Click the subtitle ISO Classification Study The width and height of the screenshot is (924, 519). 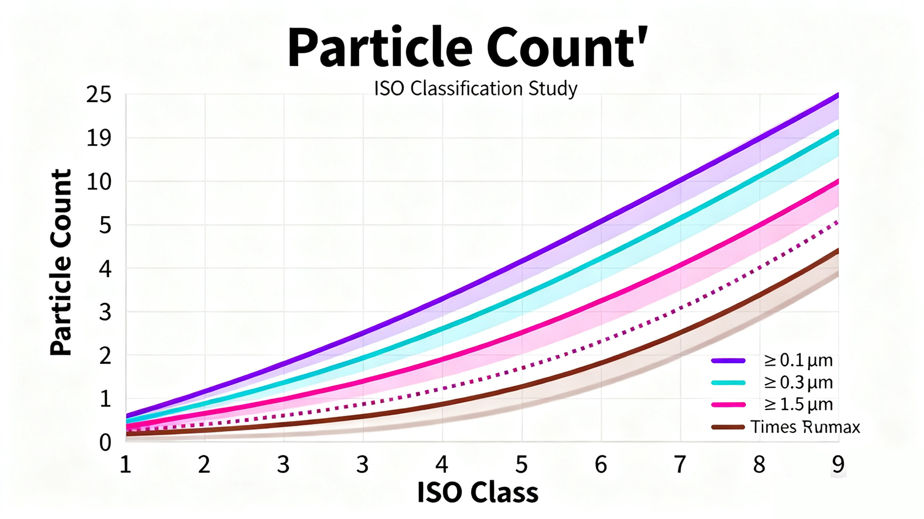476,89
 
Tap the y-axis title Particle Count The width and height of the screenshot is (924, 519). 61,263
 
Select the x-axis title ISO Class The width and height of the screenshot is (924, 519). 477,493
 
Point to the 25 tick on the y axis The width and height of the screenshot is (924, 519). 99,95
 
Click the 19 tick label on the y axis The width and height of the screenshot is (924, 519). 99,139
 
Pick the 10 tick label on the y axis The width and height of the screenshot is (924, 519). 99,182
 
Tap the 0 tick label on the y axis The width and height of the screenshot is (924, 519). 105,442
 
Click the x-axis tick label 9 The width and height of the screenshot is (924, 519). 838,464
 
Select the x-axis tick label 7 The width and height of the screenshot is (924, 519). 679,464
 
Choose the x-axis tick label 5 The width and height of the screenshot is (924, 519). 521,464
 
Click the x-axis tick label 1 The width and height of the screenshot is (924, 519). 126,464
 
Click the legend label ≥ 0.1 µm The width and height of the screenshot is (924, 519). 798,360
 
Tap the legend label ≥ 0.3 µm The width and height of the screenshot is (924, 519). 798,382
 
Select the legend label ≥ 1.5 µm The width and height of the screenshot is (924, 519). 798,404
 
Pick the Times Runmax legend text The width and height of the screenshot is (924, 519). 805,427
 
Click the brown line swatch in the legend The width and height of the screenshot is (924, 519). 728,427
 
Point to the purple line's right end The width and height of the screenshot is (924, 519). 837,95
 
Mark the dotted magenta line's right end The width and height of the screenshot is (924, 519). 836,222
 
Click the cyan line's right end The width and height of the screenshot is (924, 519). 837,132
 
